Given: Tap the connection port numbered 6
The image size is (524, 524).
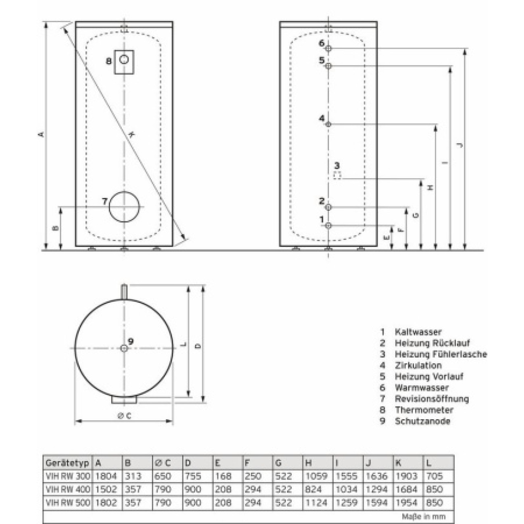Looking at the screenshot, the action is (x=329, y=49).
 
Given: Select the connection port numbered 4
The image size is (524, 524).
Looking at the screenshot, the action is (x=329, y=125).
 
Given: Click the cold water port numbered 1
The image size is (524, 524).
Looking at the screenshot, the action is (x=329, y=225).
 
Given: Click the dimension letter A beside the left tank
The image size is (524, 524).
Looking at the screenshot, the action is (x=42, y=134).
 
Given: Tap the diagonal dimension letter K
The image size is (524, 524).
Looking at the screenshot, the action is (x=132, y=134).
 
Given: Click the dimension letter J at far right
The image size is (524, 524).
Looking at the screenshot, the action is (x=459, y=145).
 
